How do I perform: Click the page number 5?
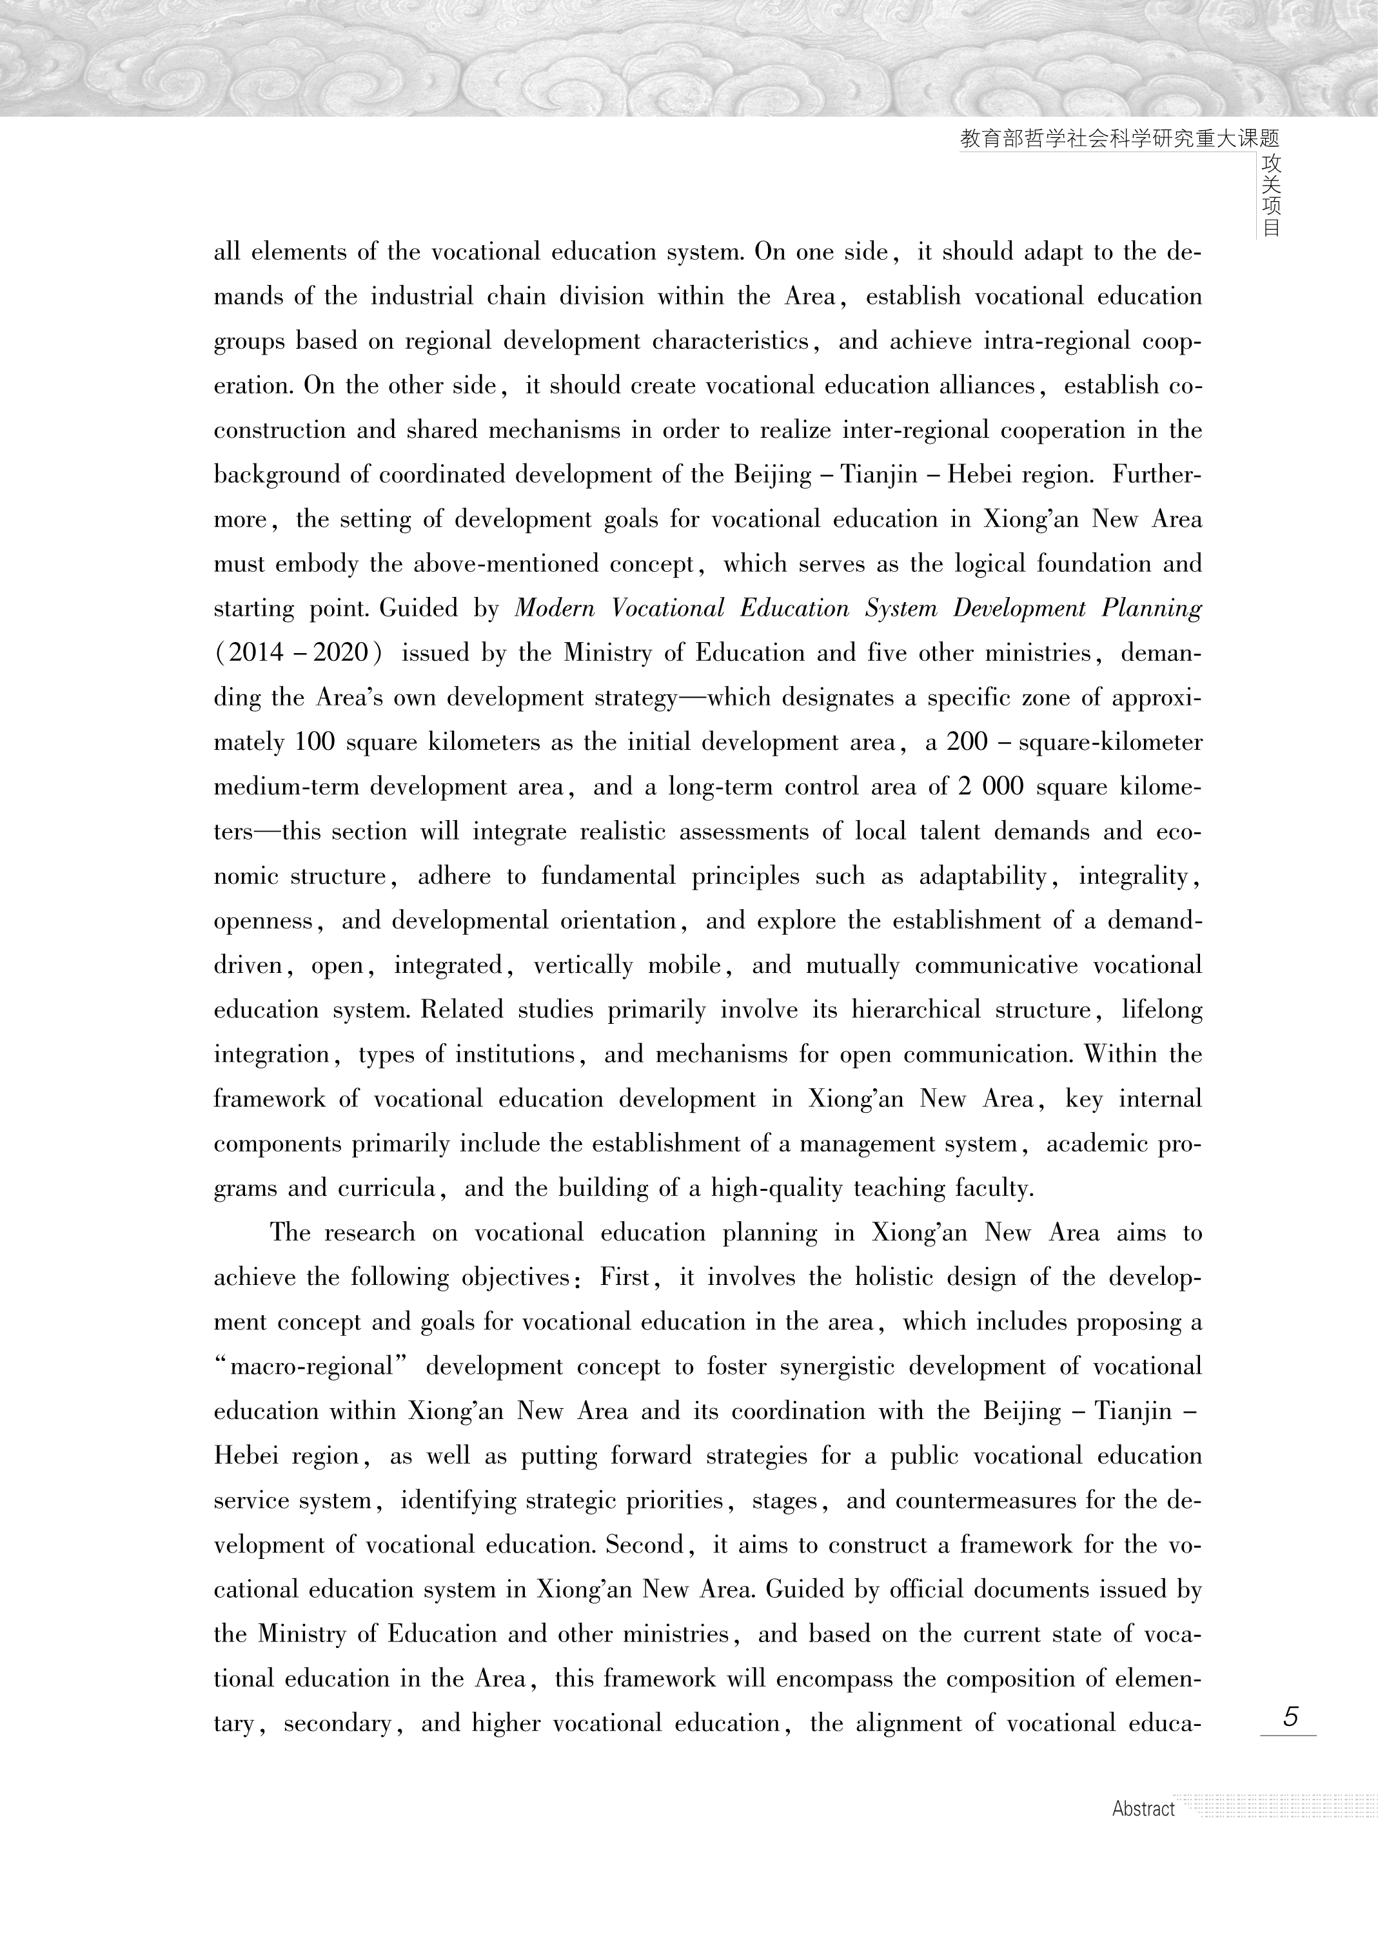(x=1290, y=1716)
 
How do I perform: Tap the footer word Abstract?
(x=1143, y=1809)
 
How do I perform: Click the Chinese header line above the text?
(x=1119, y=139)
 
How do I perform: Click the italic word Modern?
(x=555, y=609)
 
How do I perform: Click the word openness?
(x=263, y=921)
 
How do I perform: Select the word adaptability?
(x=983, y=877)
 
